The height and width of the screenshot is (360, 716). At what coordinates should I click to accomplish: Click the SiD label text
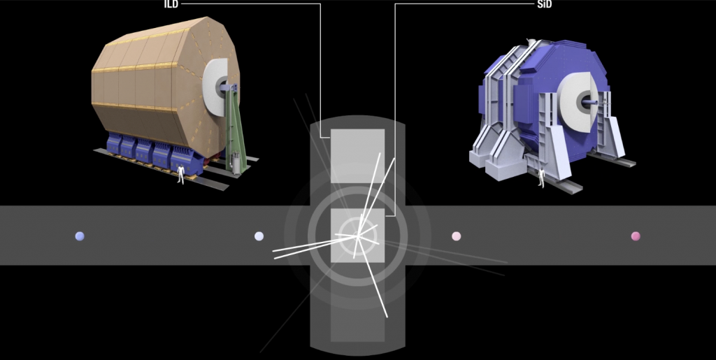coord(545,5)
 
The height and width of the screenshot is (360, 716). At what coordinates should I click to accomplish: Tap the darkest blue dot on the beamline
coord(80,236)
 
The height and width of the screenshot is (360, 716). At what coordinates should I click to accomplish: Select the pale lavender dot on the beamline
coord(259,236)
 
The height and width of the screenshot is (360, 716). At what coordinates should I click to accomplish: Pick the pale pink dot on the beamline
coord(456,236)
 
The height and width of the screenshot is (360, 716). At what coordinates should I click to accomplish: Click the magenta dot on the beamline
coord(636,236)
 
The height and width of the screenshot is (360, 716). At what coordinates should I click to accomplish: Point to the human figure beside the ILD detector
coord(181,174)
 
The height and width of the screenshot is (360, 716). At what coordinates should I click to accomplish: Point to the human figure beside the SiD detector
coord(542,178)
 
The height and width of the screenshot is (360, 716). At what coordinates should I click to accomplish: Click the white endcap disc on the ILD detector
coord(214,87)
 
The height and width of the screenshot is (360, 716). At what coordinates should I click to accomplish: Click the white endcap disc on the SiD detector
coord(576,101)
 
